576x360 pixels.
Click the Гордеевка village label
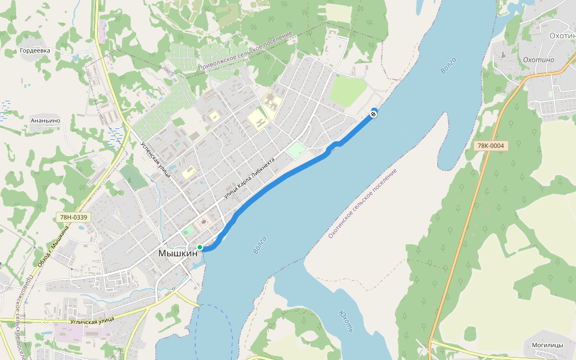(x=35, y=51)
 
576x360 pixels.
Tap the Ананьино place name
(x=46, y=120)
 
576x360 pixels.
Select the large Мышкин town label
(x=178, y=253)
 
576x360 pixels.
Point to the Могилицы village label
(x=547, y=345)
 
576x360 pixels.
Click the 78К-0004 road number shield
(x=490, y=146)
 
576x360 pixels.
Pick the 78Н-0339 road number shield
(x=74, y=217)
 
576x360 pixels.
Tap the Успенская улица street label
(x=155, y=160)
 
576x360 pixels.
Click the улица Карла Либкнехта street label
(x=248, y=178)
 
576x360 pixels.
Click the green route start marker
(x=200, y=247)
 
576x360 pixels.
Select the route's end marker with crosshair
(x=374, y=113)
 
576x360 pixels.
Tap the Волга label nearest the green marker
(x=260, y=245)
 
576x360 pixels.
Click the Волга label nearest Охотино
(x=448, y=65)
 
